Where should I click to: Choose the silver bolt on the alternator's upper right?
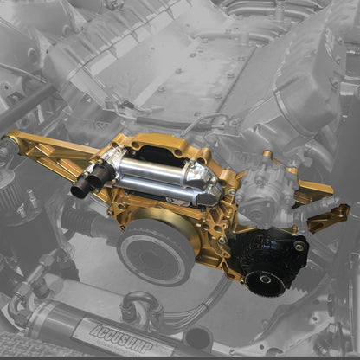click(299, 247)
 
